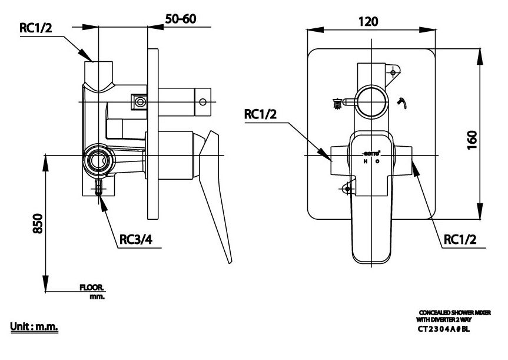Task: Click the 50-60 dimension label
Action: click(x=180, y=19)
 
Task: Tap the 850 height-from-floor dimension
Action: click(x=36, y=223)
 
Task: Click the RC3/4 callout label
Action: click(x=137, y=240)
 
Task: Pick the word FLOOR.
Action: click(x=92, y=288)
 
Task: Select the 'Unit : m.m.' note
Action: click(x=34, y=326)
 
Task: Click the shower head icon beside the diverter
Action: click(x=337, y=104)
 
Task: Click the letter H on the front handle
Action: click(x=365, y=161)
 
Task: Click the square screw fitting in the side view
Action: click(x=140, y=103)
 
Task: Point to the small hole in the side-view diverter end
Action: click(x=203, y=102)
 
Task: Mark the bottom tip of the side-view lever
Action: click(x=230, y=263)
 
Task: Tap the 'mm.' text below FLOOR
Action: click(x=97, y=297)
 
